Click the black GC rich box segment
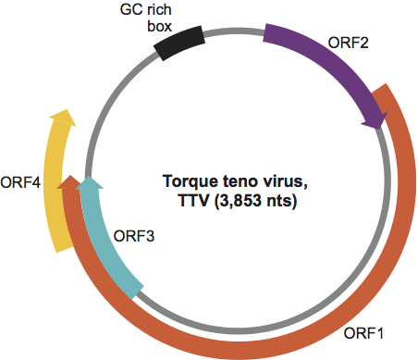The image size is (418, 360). (181, 43)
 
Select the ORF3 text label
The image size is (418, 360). (133, 235)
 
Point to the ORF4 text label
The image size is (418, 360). (20, 181)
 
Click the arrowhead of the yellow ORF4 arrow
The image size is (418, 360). (62, 118)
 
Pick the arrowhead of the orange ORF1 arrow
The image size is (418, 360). (68, 182)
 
